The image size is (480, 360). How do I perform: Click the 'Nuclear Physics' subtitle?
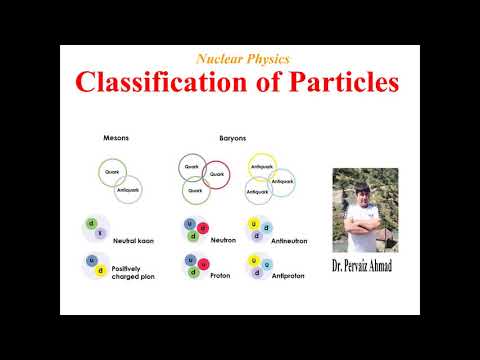point(245,59)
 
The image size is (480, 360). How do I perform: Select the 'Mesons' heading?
point(116,137)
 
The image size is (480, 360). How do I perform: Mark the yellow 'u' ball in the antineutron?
point(254,225)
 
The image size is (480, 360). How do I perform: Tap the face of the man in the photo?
point(371,186)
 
